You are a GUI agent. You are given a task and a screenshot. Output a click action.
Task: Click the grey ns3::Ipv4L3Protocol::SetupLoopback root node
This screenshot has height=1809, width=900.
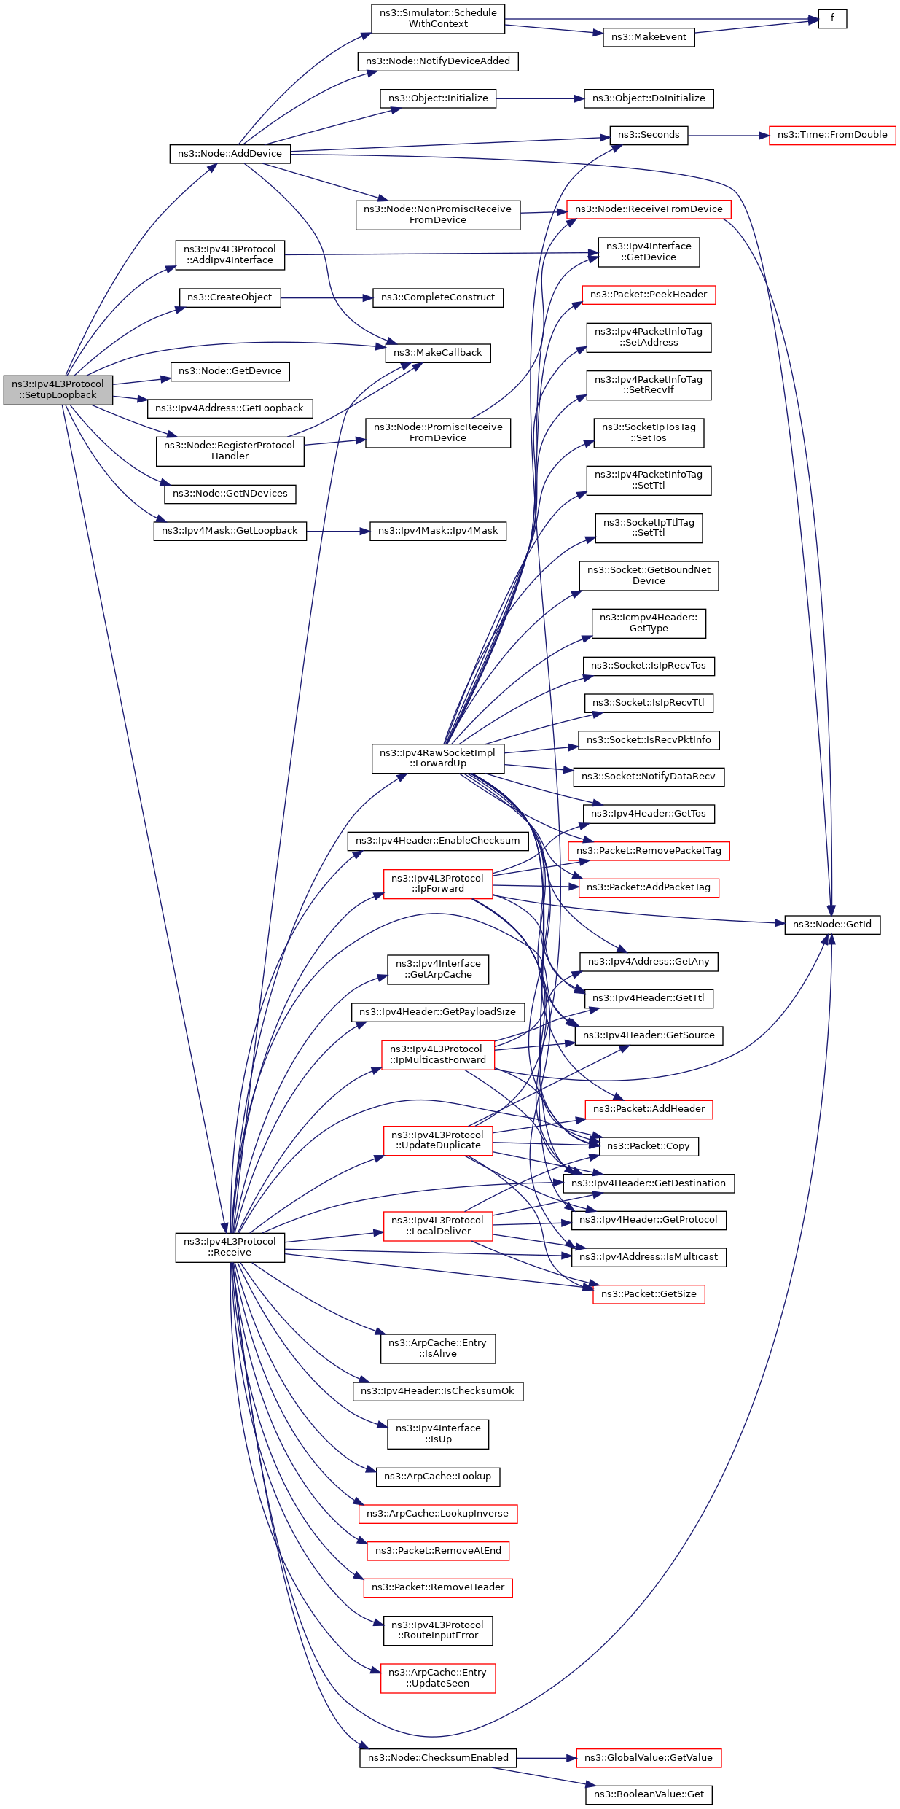[x=58, y=389]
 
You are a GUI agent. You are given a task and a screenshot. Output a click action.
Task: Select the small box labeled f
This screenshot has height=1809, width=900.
[x=831, y=18]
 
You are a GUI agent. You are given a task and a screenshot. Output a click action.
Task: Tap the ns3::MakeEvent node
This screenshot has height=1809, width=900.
[x=649, y=37]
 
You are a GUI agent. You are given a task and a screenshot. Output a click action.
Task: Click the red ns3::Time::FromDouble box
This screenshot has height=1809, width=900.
[x=831, y=135]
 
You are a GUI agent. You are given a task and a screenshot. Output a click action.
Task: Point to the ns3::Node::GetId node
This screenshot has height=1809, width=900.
[x=831, y=925]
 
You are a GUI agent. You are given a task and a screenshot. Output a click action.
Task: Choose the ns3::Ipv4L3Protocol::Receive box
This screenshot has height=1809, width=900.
[x=230, y=1247]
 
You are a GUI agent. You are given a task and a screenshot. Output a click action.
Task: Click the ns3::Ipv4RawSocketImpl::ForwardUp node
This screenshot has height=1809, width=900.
[x=437, y=758]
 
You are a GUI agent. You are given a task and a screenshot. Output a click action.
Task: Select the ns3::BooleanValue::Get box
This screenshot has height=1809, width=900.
[x=649, y=1794]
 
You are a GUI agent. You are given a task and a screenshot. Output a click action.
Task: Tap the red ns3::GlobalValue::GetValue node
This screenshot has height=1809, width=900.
[x=648, y=1758]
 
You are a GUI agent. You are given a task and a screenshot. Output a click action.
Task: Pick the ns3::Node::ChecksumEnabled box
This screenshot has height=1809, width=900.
[x=438, y=1758]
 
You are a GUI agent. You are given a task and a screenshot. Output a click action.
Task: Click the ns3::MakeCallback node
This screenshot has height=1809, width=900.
[x=437, y=353]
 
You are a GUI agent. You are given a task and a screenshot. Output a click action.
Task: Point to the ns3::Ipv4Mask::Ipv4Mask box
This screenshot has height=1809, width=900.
[x=437, y=531]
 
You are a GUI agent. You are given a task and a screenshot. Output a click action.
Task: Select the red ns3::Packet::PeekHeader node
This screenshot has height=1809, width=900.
[x=649, y=295]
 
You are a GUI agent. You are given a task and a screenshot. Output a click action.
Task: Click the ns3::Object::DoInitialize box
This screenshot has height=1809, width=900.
[x=649, y=98]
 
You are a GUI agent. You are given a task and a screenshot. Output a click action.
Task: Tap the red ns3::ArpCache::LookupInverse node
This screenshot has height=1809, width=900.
[x=437, y=1514]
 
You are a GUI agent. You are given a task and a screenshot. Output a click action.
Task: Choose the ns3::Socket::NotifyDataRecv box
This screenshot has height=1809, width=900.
[x=649, y=777]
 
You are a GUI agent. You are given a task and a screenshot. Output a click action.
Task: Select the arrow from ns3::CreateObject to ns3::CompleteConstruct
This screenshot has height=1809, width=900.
[x=326, y=297]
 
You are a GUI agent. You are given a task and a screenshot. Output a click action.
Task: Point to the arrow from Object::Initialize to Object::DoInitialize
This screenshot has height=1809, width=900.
[x=539, y=98]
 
